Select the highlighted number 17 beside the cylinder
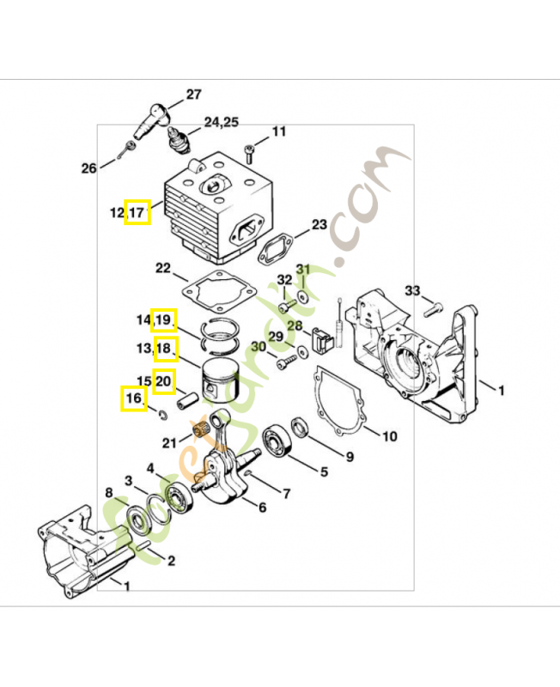click(x=137, y=212)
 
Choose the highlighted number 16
click(x=132, y=398)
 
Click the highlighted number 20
click(x=164, y=379)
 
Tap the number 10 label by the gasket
click(x=389, y=436)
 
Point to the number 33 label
click(x=412, y=291)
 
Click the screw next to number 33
click(x=435, y=307)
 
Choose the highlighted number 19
click(x=164, y=320)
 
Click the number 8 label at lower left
click(x=108, y=492)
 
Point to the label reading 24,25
click(x=221, y=123)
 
